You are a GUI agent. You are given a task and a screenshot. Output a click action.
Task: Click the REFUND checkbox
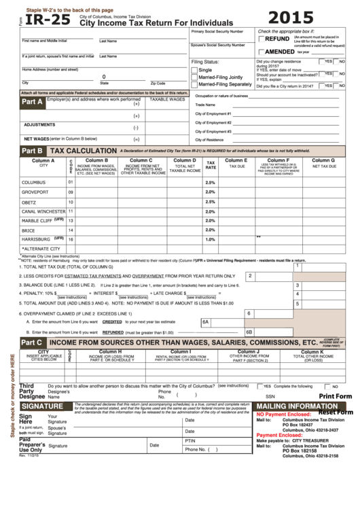point(262,40)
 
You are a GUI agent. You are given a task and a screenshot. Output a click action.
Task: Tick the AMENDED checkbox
point(262,52)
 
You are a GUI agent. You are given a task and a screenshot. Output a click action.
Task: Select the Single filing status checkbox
point(194,70)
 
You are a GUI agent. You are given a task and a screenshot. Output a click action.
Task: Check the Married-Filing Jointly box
point(194,77)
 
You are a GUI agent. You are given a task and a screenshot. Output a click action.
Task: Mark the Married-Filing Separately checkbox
point(194,85)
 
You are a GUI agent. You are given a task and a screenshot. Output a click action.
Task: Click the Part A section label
point(32,102)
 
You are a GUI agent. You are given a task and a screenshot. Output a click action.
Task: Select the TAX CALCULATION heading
point(84,150)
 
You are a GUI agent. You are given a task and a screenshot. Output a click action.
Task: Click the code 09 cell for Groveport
point(71,192)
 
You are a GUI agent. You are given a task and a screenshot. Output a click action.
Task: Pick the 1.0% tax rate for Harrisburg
point(210,239)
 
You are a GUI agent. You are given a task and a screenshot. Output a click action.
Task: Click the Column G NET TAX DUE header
point(323,164)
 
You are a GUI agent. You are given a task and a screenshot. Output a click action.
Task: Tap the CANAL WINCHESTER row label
point(43,211)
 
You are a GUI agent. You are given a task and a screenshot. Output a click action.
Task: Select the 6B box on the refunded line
point(249,332)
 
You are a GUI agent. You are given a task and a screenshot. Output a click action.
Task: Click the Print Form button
point(335,396)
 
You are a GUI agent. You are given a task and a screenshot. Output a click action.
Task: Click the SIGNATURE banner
point(42,406)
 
